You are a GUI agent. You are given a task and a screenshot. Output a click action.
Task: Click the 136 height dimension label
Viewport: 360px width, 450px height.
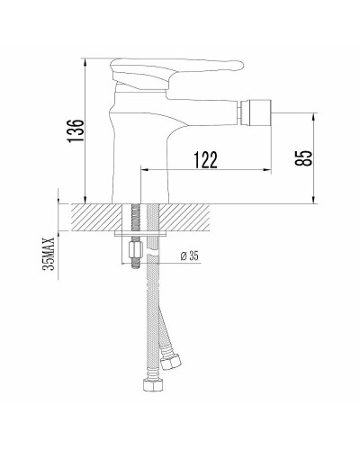(78, 131)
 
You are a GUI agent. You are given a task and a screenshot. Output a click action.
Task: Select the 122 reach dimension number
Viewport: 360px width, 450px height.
(206, 159)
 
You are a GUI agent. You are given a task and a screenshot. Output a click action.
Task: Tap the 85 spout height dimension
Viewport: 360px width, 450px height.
(306, 157)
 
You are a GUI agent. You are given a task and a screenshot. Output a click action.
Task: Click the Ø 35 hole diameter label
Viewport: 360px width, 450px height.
(189, 256)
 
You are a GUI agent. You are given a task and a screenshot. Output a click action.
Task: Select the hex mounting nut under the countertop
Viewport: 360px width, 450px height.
(135, 249)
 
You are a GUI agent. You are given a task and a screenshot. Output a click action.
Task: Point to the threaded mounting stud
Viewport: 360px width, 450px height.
(134, 219)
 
